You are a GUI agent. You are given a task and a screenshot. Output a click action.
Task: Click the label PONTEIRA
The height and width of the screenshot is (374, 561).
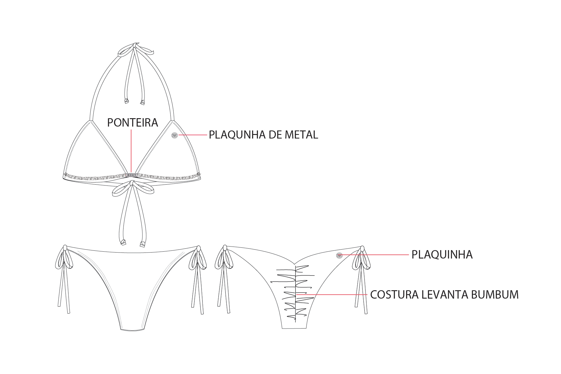click(132, 123)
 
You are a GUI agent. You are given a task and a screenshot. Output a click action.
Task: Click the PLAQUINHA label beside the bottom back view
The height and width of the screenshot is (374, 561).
click(442, 255)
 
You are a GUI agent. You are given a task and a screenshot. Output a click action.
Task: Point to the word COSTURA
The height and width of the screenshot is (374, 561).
click(394, 295)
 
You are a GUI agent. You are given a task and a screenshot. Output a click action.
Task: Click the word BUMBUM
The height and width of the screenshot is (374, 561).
click(495, 295)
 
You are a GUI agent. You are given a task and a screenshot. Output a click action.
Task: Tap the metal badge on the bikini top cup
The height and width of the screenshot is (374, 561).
click(175, 136)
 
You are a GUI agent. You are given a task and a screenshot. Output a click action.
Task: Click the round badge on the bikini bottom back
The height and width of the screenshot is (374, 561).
click(339, 255)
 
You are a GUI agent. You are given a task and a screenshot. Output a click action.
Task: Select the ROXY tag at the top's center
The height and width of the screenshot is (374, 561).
click(132, 175)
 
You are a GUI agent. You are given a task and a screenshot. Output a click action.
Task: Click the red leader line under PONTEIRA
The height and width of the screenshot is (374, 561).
click(131, 151)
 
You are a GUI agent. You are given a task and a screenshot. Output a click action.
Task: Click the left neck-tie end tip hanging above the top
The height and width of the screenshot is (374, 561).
click(126, 101)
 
